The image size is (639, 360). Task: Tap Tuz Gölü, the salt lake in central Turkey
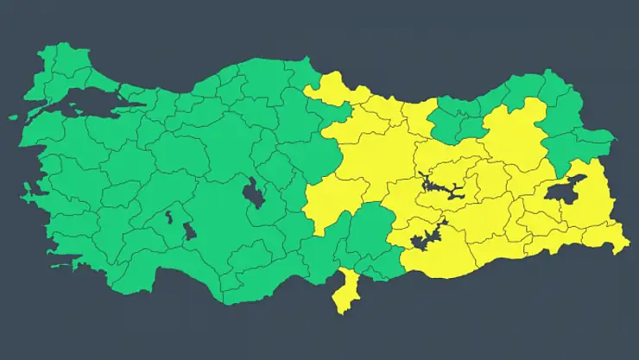(x=254, y=194)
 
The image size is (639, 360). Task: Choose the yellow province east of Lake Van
(x=596, y=186)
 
